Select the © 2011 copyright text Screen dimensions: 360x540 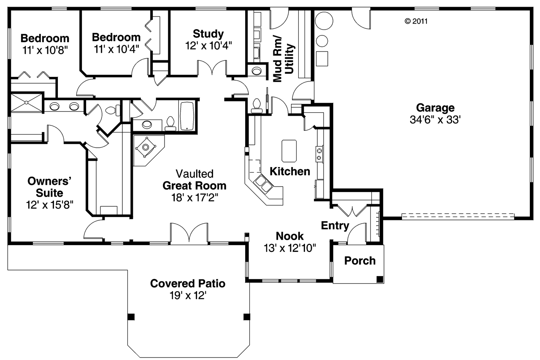pyautogui.click(x=416, y=21)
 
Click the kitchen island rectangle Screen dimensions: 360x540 pyautogui.click(x=289, y=150)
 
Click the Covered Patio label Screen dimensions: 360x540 pyautogui.click(x=188, y=283)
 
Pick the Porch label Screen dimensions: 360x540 pyautogui.click(x=360, y=261)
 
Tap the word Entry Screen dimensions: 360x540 pyautogui.click(x=335, y=225)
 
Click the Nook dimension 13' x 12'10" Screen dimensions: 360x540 pyautogui.click(x=289, y=248)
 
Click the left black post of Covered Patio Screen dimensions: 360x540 pyautogui.click(x=131, y=316)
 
